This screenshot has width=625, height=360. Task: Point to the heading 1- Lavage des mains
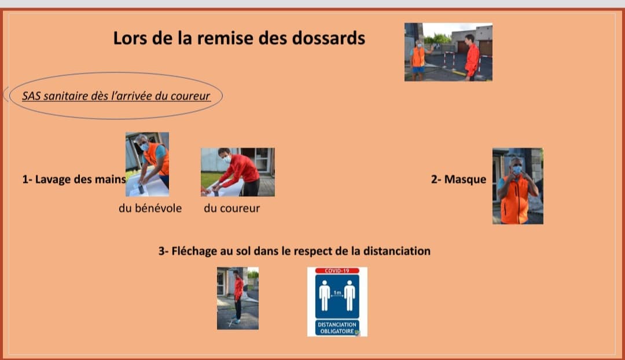(x=74, y=179)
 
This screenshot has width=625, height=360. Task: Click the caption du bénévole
(x=150, y=208)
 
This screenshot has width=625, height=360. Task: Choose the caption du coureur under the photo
(x=231, y=208)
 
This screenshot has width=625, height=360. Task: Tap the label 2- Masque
(x=458, y=179)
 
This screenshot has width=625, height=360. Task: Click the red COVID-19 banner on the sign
(x=337, y=271)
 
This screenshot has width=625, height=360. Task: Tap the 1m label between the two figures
(x=337, y=293)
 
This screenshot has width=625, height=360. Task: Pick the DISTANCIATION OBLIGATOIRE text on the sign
(x=337, y=328)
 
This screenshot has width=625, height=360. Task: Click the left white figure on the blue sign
(x=325, y=295)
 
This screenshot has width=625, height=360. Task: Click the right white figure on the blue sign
(x=350, y=295)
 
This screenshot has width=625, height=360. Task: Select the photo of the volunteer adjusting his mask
(x=518, y=186)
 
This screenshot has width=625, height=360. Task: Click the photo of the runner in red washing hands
(x=238, y=172)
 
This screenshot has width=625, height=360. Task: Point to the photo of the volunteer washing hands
(x=147, y=164)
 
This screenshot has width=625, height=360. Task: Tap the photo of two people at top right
(x=448, y=52)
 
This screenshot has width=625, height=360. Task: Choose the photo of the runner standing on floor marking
(x=238, y=298)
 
